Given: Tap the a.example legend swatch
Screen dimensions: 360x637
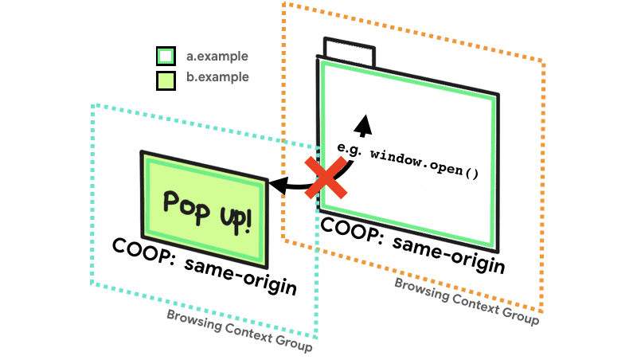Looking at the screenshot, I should coord(166,57).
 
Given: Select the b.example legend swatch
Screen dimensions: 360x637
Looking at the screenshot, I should coord(166,80).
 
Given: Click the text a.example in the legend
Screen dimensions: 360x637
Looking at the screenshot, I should coord(217,57).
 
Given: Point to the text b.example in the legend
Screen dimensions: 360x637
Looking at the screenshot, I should coord(217,77).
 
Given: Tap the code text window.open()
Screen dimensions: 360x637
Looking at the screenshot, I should coord(424,162).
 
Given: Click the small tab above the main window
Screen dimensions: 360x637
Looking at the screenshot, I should coord(349,52).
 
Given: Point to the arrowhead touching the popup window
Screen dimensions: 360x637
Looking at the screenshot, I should coord(277,185).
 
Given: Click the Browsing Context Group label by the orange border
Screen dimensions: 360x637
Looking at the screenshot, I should coord(466,301).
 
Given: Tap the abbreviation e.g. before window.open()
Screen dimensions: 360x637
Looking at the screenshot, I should coord(350,148).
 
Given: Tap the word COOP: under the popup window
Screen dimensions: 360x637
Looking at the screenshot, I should coord(143,250).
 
